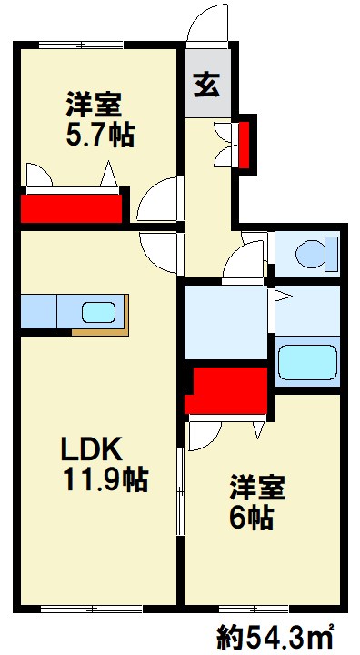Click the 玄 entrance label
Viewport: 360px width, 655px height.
(206, 87)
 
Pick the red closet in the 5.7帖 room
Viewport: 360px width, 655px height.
(71, 207)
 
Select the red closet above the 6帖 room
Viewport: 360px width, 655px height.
(227, 389)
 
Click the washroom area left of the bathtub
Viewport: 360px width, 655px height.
(227, 323)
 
